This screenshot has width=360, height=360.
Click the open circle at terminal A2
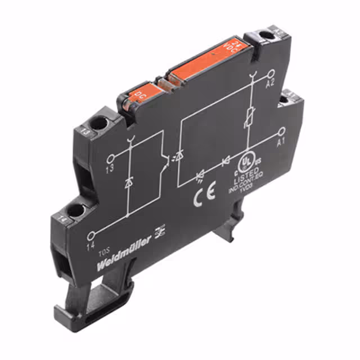pyautogui.click(x=271, y=74)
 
